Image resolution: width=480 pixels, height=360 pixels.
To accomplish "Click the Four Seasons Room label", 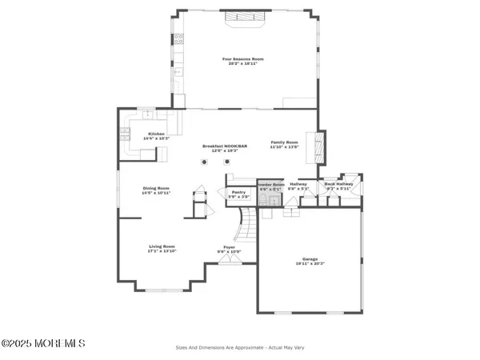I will click(x=242, y=58).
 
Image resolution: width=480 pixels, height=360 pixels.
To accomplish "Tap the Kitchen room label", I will click(x=156, y=134).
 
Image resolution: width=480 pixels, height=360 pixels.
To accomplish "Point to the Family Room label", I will click(x=283, y=142).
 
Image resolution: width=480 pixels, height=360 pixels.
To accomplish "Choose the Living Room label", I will click(x=161, y=246).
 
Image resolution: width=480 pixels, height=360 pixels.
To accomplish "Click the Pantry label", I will click(x=238, y=192).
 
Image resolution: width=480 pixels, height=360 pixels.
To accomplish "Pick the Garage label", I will click(x=310, y=258).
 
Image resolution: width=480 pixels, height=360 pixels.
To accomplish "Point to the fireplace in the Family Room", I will click(x=319, y=147).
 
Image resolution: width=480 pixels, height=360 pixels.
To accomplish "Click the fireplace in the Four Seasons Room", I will click(x=244, y=21).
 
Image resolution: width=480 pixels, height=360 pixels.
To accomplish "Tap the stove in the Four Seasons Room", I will click(x=178, y=38).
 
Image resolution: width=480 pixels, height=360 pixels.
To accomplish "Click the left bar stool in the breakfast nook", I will click(x=205, y=162).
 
